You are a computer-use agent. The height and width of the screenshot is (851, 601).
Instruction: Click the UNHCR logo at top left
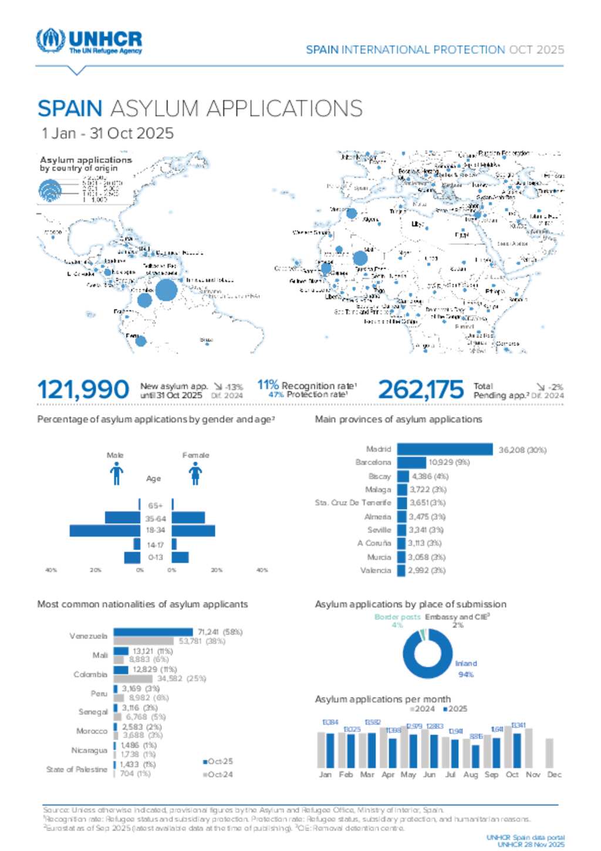89,42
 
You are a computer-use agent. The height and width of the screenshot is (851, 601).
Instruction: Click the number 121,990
83,389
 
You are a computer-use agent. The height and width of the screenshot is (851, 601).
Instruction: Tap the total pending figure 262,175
421,389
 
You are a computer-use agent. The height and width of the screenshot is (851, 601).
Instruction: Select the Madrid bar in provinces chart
445,449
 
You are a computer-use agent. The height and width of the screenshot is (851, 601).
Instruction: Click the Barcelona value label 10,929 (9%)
445,462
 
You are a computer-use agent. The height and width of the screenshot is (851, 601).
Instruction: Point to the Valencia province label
376,570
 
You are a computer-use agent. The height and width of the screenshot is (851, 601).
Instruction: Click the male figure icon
116,473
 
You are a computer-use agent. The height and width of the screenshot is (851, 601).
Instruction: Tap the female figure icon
195,473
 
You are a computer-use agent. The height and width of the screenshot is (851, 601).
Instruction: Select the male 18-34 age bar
104,530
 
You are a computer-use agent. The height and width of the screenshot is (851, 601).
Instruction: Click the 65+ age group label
156,506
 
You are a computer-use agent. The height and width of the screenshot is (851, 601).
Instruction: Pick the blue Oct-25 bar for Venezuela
153,632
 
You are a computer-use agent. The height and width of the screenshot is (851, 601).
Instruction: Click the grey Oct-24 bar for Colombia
133,678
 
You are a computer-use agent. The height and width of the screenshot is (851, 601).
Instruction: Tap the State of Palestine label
77,769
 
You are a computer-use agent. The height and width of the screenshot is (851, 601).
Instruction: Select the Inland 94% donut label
466,669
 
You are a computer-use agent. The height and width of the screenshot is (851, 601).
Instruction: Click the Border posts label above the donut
397,617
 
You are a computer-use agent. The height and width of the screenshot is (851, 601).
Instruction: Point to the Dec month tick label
554,775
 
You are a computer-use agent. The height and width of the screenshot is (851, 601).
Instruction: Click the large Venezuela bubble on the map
167,290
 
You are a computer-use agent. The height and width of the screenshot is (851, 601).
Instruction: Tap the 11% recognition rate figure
268,385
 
